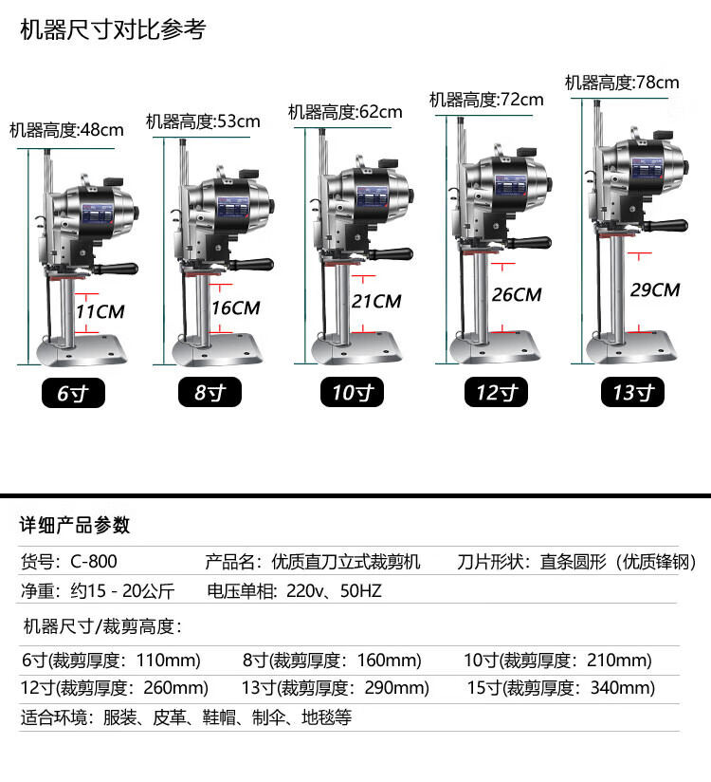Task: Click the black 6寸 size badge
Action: point(73,393)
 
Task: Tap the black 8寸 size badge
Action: point(210,393)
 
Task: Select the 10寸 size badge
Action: point(352,393)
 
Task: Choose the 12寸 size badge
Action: point(496,393)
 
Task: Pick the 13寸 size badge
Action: point(632,393)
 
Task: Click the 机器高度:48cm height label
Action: point(66,130)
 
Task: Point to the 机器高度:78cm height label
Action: point(622,83)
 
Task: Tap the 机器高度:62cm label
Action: point(345,112)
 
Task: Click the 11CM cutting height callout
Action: point(100,312)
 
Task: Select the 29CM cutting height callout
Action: point(655,290)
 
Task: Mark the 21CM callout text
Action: point(376,302)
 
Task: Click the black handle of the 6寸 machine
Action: point(116,269)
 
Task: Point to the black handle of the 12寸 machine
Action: point(529,243)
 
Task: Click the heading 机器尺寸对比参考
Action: point(113,29)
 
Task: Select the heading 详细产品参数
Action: point(75,525)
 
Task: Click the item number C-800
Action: point(94,562)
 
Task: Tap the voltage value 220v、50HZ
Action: point(334,591)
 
